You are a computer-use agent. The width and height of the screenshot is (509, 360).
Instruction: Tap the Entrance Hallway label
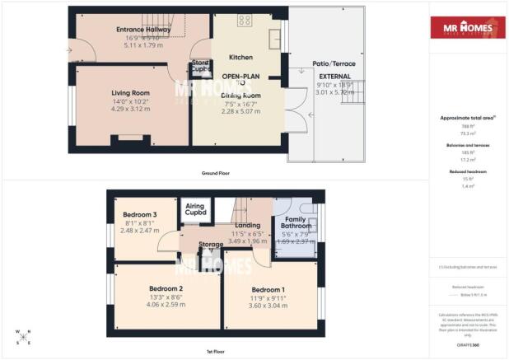pos(132,29)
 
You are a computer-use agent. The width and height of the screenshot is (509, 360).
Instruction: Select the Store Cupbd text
pos(200,65)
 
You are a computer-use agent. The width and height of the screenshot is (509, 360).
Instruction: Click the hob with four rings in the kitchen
pos(245,21)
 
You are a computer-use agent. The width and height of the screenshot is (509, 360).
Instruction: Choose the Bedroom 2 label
pos(166,288)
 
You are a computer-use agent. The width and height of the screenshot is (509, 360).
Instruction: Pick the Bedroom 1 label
pos(269,290)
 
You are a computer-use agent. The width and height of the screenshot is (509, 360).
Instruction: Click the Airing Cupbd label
pos(195,209)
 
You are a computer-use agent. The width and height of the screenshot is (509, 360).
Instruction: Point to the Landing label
pos(249,225)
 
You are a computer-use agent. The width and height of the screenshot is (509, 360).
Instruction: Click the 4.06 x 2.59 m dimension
pos(166,304)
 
